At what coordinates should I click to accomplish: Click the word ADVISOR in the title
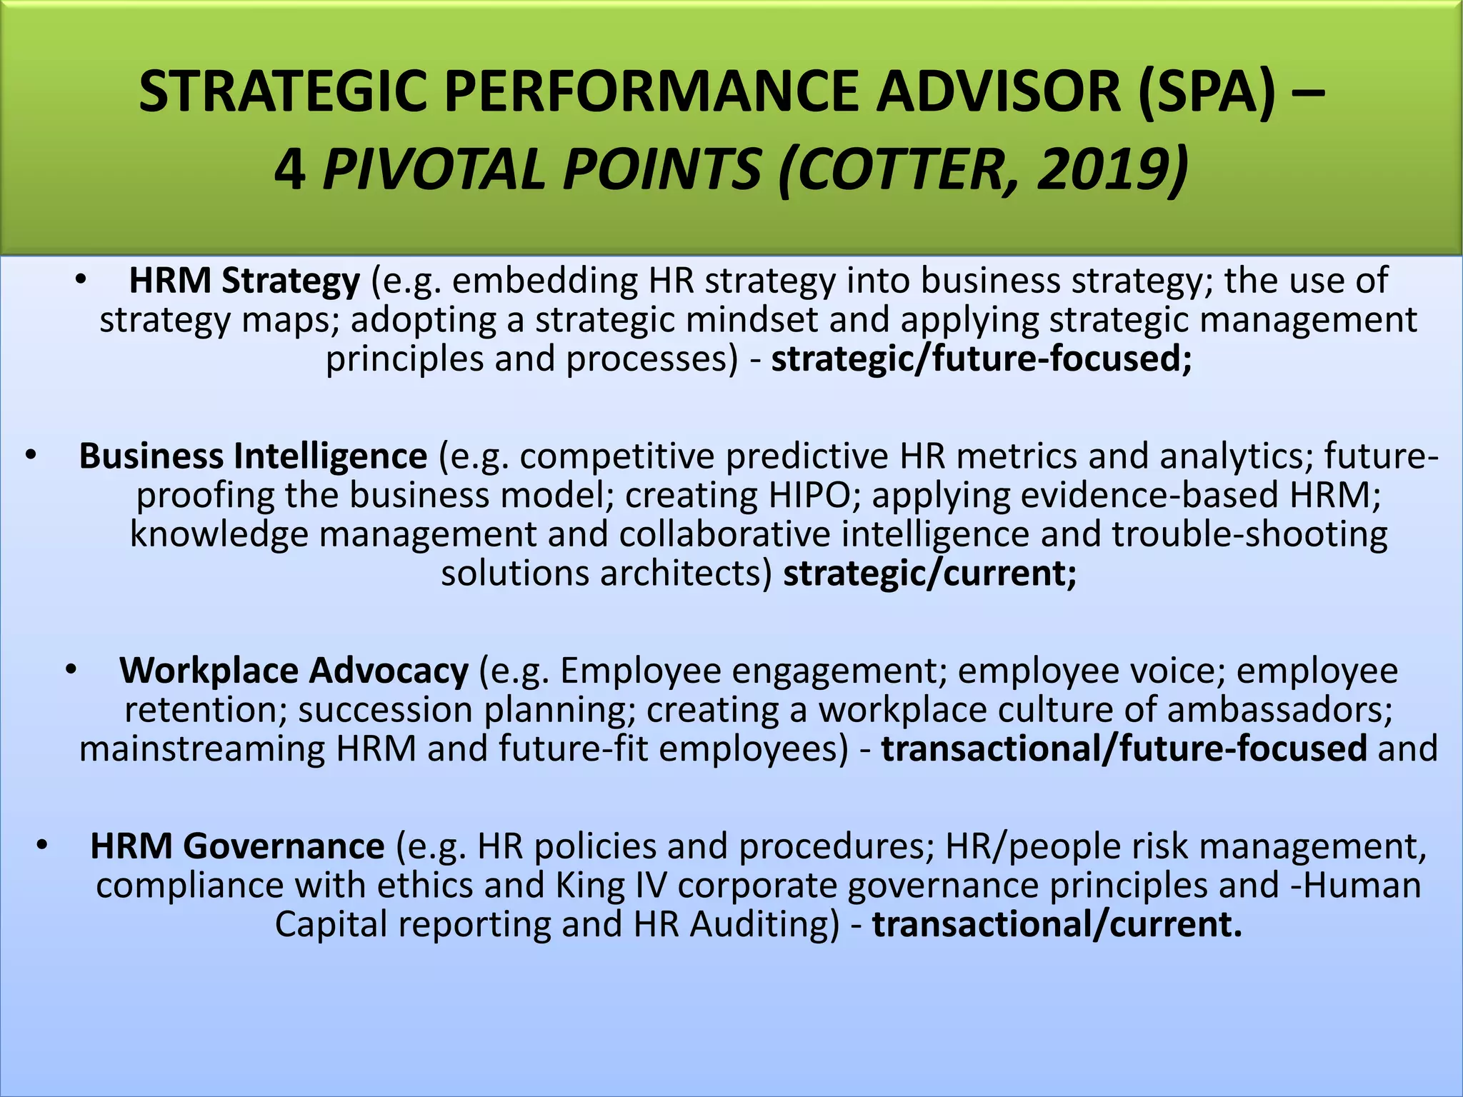(x=999, y=91)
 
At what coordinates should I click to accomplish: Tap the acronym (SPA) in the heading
(x=1207, y=91)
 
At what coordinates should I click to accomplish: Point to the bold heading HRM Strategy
(x=244, y=281)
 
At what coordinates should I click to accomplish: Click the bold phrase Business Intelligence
(x=253, y=456)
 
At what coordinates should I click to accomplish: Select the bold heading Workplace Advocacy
(x=294, y=671)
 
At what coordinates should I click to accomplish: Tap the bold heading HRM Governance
(x=237, y=846)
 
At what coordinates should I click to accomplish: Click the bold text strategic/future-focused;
(x=982, y=359)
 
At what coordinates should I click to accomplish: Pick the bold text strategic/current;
(x=929, y=573)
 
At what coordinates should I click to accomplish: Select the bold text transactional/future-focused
(x=1124, y=749)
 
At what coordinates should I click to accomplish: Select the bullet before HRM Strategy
(x=81, y=281)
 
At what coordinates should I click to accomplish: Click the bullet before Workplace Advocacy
(x=70, y=671)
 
